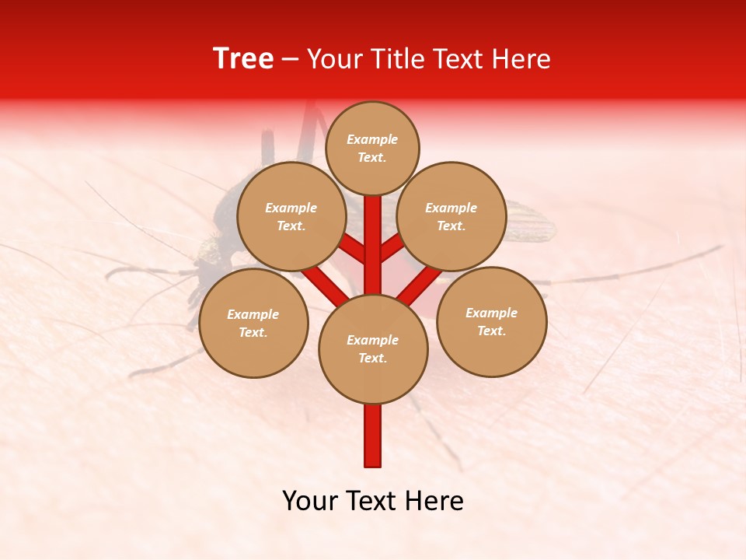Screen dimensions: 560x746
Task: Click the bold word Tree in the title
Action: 243,59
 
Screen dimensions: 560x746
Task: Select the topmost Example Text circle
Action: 372,148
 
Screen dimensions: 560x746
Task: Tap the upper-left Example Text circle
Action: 291,216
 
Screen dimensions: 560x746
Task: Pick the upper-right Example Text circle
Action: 451,216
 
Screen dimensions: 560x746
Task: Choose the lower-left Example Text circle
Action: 253,323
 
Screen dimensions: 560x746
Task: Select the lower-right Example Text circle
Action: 492,321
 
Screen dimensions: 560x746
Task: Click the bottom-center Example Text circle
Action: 373,349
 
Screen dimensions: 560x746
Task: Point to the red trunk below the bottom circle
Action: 373,436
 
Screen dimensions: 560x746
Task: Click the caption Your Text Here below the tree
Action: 373,501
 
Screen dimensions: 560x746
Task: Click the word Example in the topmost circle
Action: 372,139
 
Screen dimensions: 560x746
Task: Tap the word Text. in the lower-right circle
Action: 491,331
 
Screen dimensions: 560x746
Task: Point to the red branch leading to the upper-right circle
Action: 392,247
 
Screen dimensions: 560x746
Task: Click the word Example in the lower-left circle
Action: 253,314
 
